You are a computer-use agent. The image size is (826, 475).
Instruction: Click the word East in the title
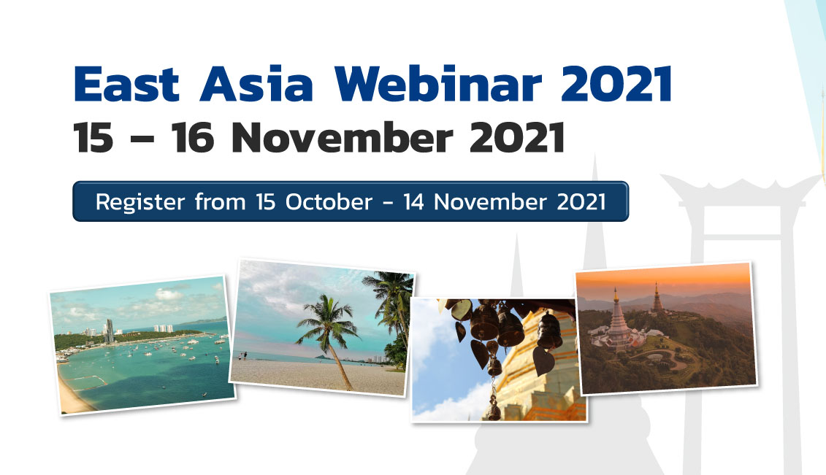click(x=127, y=84)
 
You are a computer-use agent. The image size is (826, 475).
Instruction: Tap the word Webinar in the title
click(x=437, y=83)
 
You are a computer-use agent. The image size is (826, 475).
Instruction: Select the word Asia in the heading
click(x=256, y=83)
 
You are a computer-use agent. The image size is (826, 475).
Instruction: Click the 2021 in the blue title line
click(x=616, y=83)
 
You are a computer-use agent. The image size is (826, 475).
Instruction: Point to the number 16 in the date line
click(x=193, y=137)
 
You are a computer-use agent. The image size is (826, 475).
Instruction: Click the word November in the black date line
click(x=342, y=137)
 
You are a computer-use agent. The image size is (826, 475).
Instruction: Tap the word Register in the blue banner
click(x=140, y=203)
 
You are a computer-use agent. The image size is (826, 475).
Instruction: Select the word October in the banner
click(x=329, y=202)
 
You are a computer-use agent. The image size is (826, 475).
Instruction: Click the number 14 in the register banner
click(x=413, y=202)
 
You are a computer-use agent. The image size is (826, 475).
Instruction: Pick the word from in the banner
click(x=221, y=202)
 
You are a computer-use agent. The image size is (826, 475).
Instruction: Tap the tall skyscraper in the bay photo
click(x=109, y=331)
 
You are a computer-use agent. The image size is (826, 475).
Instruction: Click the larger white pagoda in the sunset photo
click(x=617, y=321)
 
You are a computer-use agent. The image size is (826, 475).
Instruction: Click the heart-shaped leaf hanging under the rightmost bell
click(x=543, y=360)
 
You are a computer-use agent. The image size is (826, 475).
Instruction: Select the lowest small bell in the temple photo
click(x=494, y=410)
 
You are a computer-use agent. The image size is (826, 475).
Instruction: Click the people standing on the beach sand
click(x=243, y=356)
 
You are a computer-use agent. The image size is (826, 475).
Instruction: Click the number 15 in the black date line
click(x=93, y=138)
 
